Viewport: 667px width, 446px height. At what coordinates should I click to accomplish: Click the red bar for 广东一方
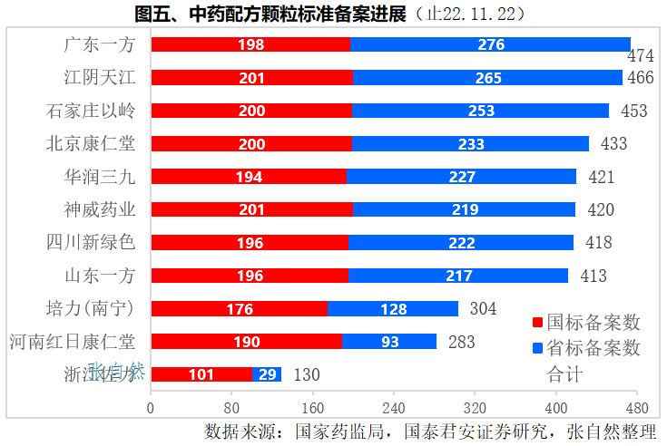[250, 44]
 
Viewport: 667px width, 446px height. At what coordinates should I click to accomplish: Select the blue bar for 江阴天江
[487, 78]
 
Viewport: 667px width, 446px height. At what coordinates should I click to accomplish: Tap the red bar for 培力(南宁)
[239, 308]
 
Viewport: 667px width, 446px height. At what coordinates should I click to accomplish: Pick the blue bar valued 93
[389, 342]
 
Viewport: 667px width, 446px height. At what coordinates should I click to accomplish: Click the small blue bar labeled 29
[267, 374]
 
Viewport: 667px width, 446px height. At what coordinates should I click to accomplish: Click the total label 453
[633, 111]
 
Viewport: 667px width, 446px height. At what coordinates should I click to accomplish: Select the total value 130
[307, 374]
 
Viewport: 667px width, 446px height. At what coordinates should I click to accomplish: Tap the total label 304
[483, 308]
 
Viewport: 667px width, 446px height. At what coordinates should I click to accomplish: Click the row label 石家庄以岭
[91, 111]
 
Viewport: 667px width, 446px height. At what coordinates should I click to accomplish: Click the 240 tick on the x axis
[394, 406]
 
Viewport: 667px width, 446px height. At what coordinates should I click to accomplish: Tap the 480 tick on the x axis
[636, 406]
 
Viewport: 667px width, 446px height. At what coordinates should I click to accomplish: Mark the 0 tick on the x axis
[151, 406]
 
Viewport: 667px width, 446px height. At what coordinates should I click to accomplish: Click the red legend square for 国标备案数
[537, 323]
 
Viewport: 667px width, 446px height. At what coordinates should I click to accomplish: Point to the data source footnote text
[430, 431]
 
